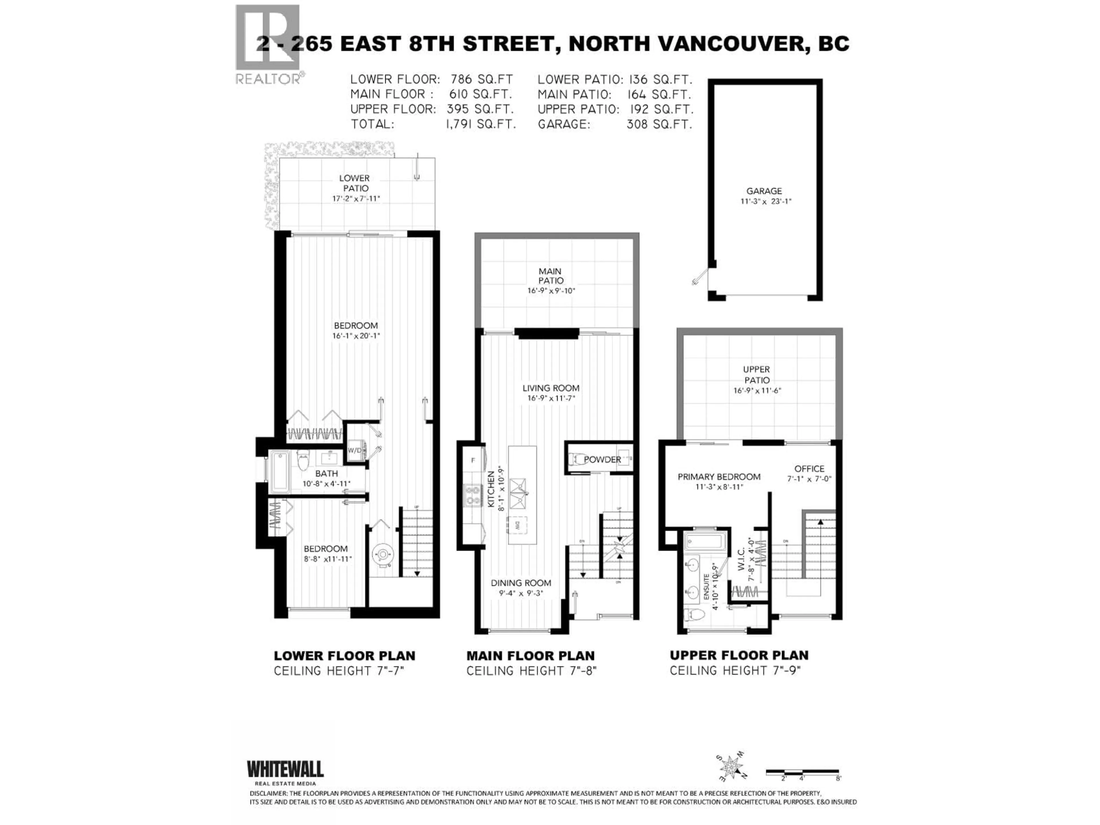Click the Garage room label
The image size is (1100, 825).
[764, 191]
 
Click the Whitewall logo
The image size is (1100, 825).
[285, 770]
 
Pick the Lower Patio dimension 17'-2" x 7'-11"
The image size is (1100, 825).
[356, 199]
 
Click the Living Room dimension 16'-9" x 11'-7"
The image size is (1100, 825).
[551, 398]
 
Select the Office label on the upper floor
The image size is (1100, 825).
[809, 468]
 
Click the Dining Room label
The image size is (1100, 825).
[521, 583]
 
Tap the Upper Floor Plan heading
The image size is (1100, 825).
[739, 655]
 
